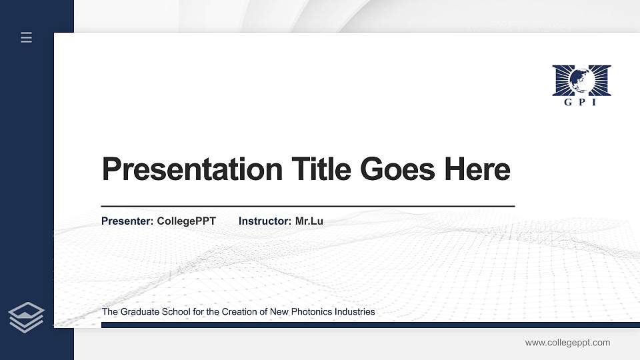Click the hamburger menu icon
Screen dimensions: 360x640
click(27, 38)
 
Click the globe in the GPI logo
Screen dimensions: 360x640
click(581, 80)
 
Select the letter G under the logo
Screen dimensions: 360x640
click(567, 102)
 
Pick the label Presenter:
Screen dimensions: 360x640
click(127, 221)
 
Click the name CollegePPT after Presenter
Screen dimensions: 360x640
click(187, 221)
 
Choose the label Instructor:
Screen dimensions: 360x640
click(265, 221)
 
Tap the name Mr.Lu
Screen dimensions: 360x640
click(309, 221)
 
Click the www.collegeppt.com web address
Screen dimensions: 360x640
click(567, 343)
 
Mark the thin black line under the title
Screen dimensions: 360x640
click(307, 207)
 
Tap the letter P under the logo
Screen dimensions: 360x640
click(581, 102)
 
